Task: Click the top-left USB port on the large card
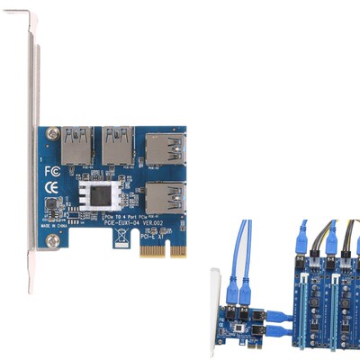coord(75,144)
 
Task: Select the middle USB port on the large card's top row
coord(117,144)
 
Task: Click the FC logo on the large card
coord(52,169)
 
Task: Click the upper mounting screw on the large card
coord(47,132)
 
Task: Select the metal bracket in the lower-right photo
coord(216,306)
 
